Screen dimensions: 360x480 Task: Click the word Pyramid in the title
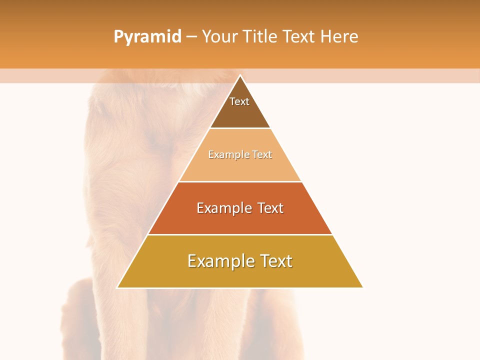pyautogui.click(x=147, y=37)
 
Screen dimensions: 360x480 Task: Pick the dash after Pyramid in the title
pyautogui.click(x=191, y=37)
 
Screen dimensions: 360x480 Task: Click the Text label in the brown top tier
pyautogui.click(x=239, y=101)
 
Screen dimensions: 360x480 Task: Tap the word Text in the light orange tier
pyautogui.click(x=262, y=154)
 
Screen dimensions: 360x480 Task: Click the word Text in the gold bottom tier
pyautogui.click(x=274, y=261)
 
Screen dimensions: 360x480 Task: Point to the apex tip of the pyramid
pyautogui.click(x=240, y=75)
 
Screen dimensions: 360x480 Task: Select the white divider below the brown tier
pyautogui.click(x=240, y=128)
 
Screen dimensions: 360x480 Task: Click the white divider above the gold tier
pyautogui.click(x=240, y=234)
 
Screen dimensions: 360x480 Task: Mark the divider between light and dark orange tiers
pyautogui.click(x=240, y=181)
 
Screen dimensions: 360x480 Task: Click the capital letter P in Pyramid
pyautogui.click(x=118, y=36)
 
